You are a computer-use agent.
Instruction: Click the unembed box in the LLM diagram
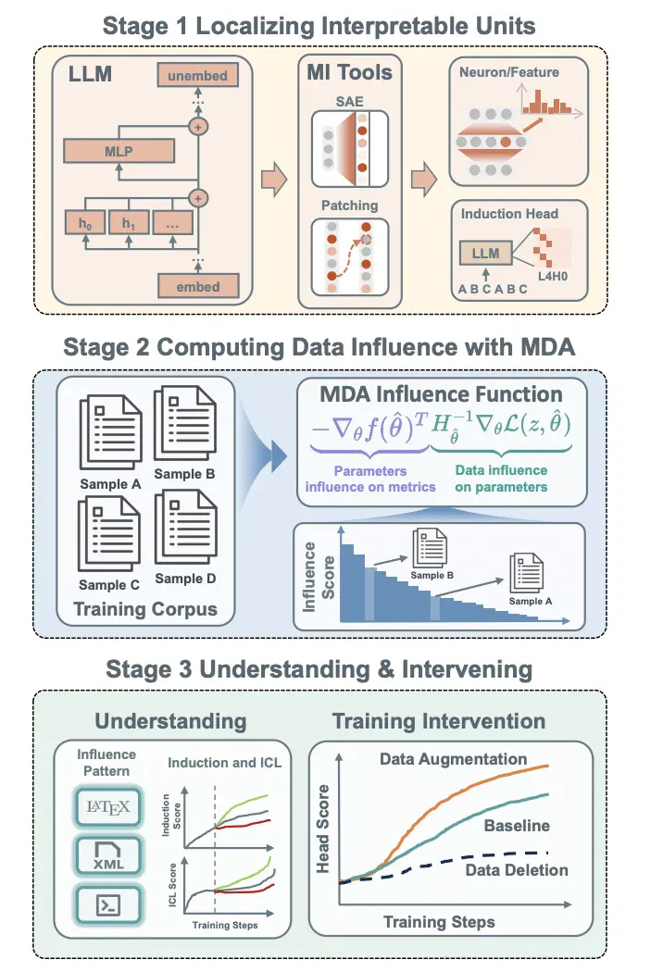pyautogui.click(x=198, y=76)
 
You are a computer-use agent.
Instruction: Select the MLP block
pyautogui.click(x=119, y=151)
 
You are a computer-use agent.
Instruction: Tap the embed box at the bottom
pyautogui.click(x=198, y=286)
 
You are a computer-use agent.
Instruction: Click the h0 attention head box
pyautogui.click(x=85, y=223)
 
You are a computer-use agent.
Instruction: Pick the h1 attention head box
pyautogui.click(x=129, y=223)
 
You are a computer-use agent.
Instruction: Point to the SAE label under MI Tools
pyautogui.click(x=349, y=102)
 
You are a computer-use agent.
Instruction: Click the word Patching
pyautogui.click(x=349, y=206)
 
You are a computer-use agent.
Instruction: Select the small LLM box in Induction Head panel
pyautogui.click(x=485, y=254)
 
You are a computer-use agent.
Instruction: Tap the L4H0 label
pyautogui.click(x=552, y=277)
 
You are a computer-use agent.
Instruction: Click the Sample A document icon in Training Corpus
pyautogui.click(x=110, y=432)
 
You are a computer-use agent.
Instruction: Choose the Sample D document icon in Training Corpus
pyautogui.click(x=185, y=527)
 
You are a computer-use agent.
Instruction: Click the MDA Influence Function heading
pyautogui.click(x=441, y=394)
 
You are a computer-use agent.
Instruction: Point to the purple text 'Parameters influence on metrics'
pyautogui.click(x=370, y=480)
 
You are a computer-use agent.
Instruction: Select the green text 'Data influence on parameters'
pyautogui.click(x=501, y=479)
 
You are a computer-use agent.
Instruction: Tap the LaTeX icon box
pyautogui.click(x=108, y=806)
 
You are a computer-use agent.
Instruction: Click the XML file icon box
pyautogui.click(x=108, y=855)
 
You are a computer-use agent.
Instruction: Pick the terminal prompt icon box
pyautogui.click(x=108, y=905)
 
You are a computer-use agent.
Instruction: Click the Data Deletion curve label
pyautogui.click(x=517, y=870)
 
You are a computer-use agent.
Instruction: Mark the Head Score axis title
pyautogui.click(x=322, y=829)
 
